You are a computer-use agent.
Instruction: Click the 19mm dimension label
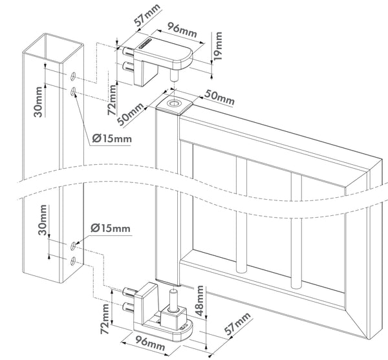[x=219, y=46]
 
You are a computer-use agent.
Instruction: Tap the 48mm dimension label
[x=199, y=301]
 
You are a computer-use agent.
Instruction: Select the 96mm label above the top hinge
[x=182, y=30]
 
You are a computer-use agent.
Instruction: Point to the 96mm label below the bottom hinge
[x=149, y=342]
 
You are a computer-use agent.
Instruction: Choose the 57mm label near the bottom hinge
[x=237, y=324]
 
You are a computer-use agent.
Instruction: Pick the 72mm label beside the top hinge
[x=112, y=100]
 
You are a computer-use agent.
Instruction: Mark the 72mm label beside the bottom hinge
[x=105, y=319]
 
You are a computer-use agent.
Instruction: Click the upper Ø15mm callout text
[x=112, y=138]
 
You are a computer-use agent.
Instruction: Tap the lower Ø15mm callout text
[x=111, y=228]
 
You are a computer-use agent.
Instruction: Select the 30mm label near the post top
[x=38, y=101]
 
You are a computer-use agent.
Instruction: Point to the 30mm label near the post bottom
[x=43, y=220]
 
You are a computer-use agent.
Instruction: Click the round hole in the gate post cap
[x=174, y=103]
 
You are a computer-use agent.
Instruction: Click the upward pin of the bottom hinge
[x=173, y=299]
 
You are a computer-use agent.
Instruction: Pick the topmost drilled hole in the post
[x=73, y=76]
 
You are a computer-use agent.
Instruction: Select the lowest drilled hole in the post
[x=73, y=261]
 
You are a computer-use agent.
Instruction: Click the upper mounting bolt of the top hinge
[x=129, y=51]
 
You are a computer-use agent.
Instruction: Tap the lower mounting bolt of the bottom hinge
[x=129, y=306]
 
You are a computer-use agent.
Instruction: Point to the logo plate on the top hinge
[x=145, y=43]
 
